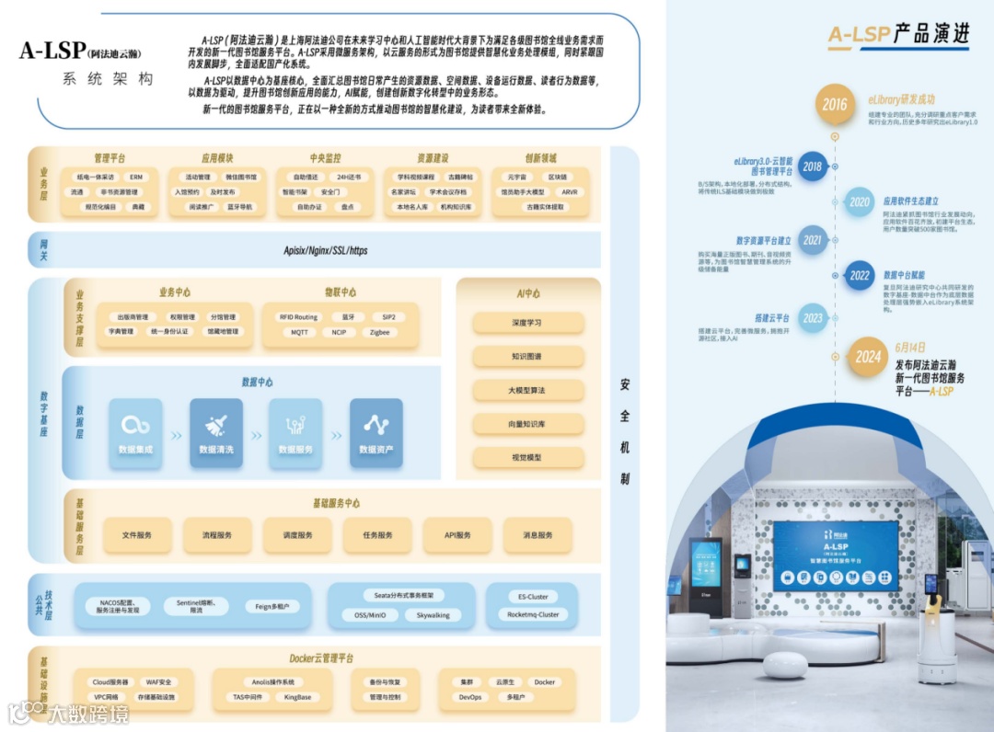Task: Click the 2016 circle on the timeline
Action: point(835,104)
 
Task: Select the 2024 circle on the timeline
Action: point(868,357)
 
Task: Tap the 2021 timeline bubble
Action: point(812,241)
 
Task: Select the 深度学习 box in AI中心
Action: point(528,323)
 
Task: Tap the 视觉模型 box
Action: point(528,457)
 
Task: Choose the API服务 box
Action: point(457,534)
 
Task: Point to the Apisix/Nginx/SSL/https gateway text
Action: point(325,250)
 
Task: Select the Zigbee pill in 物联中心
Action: point(379,332)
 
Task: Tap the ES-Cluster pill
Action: point(532,596)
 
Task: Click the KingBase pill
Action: point(297,697)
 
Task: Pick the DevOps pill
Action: point(470,697)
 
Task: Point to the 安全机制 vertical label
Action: point(625,432)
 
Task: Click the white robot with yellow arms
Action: point(935,624)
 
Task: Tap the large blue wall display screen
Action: point(835,556)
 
